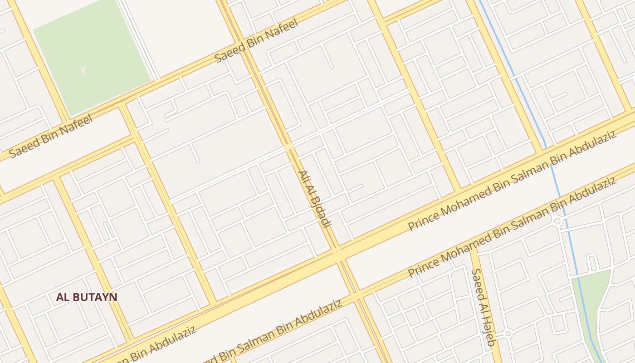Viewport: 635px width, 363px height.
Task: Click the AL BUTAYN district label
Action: [x=87, y=297]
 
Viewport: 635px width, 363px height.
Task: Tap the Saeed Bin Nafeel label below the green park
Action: [x=51, y=136]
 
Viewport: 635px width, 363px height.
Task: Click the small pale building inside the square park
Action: [x=83, y=69]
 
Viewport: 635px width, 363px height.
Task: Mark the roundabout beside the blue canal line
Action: [x=557, y=221]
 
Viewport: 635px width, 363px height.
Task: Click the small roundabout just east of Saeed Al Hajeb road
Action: [x=508, y=334]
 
